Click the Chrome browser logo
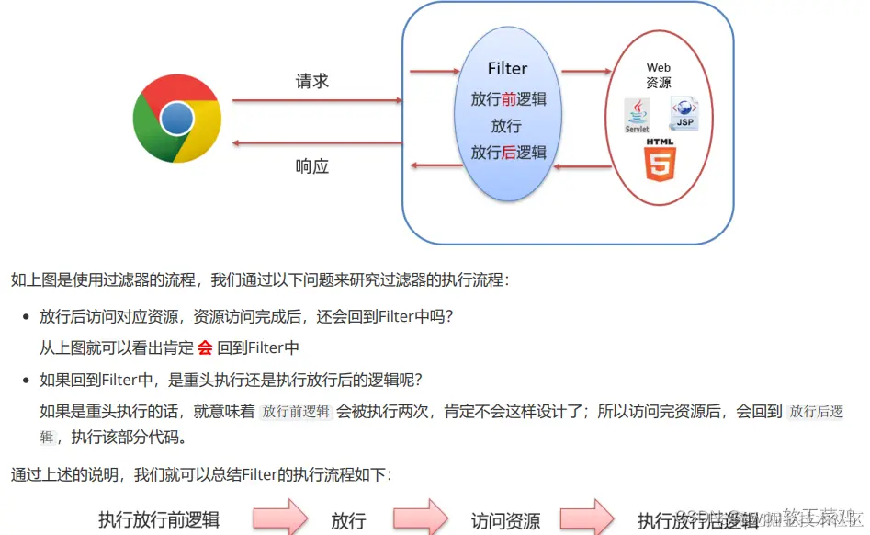point(177,119)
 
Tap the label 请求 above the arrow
point(312,81)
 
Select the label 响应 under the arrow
point(312,166)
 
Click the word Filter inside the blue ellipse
point(507,69)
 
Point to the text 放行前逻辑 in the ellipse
point(508,98)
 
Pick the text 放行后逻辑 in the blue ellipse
point(508,153)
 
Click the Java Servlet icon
point(637,116)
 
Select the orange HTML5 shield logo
point(660,161)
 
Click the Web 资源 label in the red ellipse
point(659,74)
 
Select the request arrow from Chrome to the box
point(317,100)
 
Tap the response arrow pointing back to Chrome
point(317,143)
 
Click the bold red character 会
point(205,347)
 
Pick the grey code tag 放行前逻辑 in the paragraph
point(296,412)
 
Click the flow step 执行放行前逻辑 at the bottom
point(159,520)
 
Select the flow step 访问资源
point(505,520)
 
